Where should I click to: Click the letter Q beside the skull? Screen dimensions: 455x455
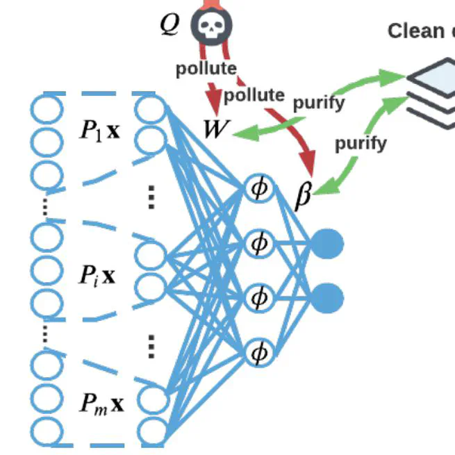pyautogui.click(x=169, y=24)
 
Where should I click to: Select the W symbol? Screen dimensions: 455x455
pyautogui.click(x=215, y=129)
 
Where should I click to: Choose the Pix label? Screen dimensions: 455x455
pyautogui.click(x=97, y=276)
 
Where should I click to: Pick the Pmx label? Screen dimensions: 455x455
pyautogui.click(x=101, y=403)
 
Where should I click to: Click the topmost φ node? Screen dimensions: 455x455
pyautogui.click(x=259, y=188)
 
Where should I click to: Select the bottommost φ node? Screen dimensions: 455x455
pyautogui.click(x=259, y=354)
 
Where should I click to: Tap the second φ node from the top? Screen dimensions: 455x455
pyautogui.click(x=259, y=243)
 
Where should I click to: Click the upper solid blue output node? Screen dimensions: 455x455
pyautogui.click(x=327, y=244)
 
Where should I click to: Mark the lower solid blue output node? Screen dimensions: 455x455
pyautogui.click(x=327, y=298)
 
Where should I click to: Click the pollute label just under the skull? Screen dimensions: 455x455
pyautogui.click(x=206, y=69)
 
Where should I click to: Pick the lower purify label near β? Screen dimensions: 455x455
pyautogui.click(x=361, y=144)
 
